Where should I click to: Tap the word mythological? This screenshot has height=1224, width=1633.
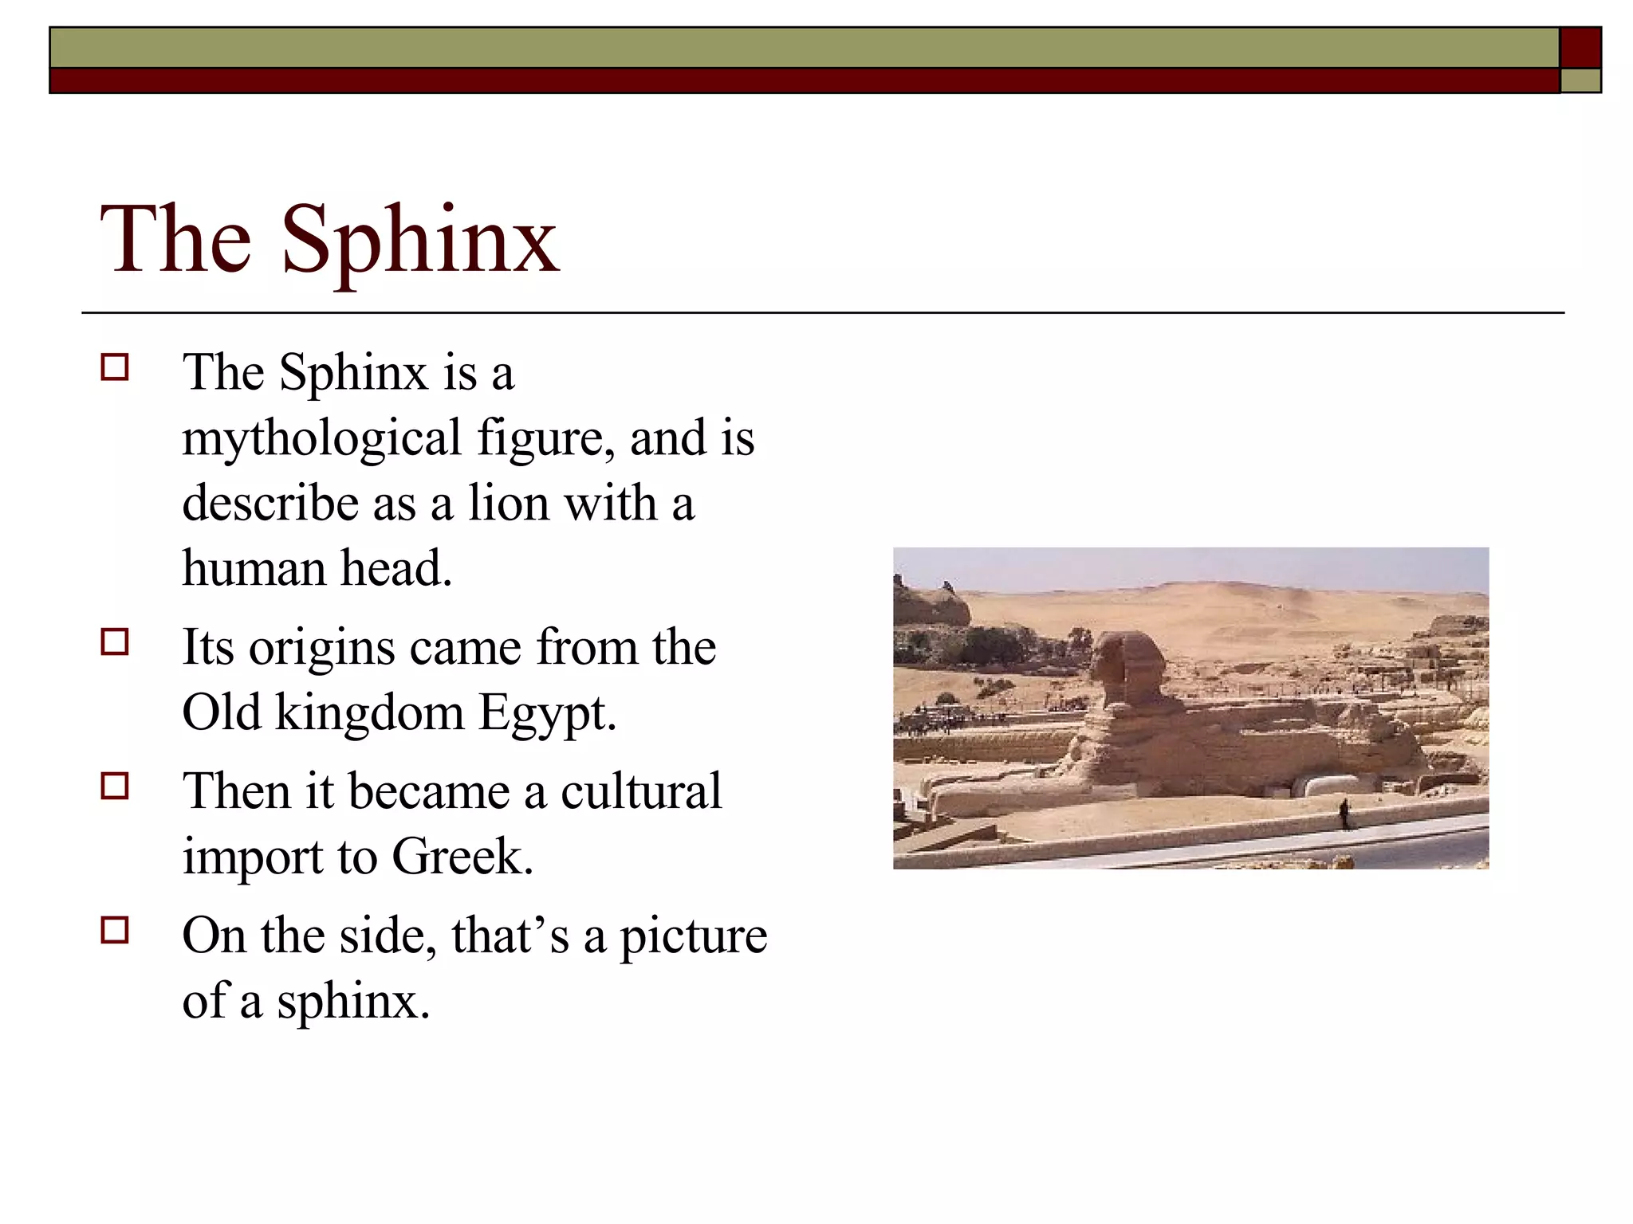coord(322,438)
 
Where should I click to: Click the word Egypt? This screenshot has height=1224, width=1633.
coord(547,713)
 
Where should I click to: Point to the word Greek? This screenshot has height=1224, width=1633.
coord(462,857)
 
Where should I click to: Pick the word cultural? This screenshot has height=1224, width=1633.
coord(641,791)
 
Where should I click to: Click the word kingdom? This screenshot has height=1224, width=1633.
coord(369,713)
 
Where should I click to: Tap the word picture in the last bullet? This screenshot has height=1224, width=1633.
coord(694,936)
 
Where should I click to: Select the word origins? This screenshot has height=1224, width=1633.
coord(321,649)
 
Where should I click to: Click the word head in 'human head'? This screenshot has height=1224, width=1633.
coord(396,569)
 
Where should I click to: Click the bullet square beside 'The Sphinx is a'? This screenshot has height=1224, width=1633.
coord(115,367)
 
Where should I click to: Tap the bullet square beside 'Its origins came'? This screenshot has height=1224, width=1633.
coord(115,641)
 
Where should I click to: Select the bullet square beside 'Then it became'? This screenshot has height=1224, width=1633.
coord(115,786)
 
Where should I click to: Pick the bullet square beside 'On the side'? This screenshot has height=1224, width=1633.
coord(115,930)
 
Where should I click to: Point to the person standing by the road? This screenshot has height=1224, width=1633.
coord(1344,814)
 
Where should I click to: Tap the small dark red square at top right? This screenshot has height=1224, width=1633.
coord(1580,48)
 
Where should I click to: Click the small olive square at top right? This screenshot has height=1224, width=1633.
coord(1580,80)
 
